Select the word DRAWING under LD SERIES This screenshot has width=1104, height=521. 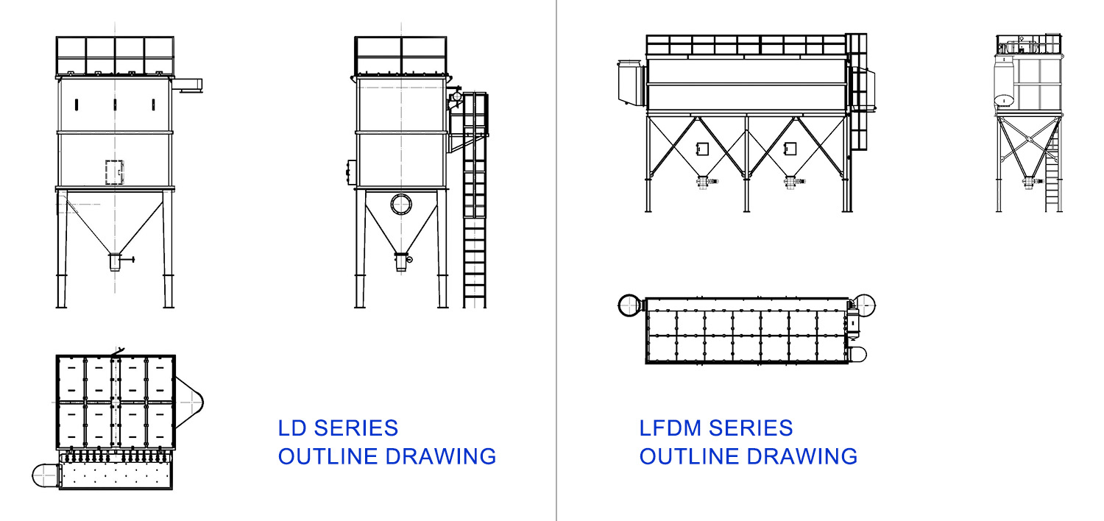(441, 456)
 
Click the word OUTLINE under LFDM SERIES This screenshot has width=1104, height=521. (690, 456)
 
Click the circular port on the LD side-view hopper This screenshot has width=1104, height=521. (401, 204)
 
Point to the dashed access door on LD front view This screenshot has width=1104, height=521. (115, 172)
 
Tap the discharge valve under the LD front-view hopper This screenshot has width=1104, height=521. (118, 262)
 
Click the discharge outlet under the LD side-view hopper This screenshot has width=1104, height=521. (402, 262)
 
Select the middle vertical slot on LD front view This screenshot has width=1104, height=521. (115, 105)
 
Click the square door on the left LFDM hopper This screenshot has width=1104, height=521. (702, 149)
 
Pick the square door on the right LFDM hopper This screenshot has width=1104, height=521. (790, 149)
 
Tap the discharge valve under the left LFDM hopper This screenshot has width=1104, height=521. (706, 182)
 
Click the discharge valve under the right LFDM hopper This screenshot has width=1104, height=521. (793, 182)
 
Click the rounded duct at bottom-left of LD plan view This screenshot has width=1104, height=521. (46, 475)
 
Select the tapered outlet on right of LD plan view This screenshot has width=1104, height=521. (189, 403)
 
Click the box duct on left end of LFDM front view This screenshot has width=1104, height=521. (631, 82)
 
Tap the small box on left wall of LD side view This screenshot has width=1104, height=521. (351, 172)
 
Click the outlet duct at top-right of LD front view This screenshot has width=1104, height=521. (187, 85)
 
